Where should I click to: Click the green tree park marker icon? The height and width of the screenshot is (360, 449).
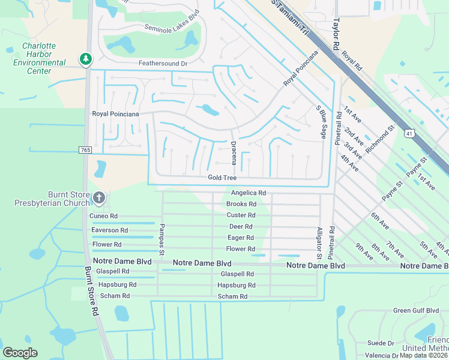pos(86,59)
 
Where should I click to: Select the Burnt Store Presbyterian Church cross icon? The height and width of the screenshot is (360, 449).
pos(99,197)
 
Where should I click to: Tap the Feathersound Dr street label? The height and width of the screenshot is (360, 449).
pos(163,63)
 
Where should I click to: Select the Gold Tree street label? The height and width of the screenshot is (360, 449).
pos(222,178)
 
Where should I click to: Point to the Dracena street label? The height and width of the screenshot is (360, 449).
pos(233,153)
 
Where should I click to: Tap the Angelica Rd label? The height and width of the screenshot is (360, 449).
pos(249,193)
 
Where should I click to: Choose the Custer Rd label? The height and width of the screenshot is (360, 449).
pos(241,215)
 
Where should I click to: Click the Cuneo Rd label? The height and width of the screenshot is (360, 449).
pos(104,216)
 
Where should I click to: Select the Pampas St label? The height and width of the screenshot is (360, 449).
pos(161,239)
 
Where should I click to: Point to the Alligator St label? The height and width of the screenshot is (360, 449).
pos(319,243)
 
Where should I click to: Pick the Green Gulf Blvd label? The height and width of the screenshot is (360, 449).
pos(416,311)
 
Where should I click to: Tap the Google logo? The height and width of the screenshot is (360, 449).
pos(20,353)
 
